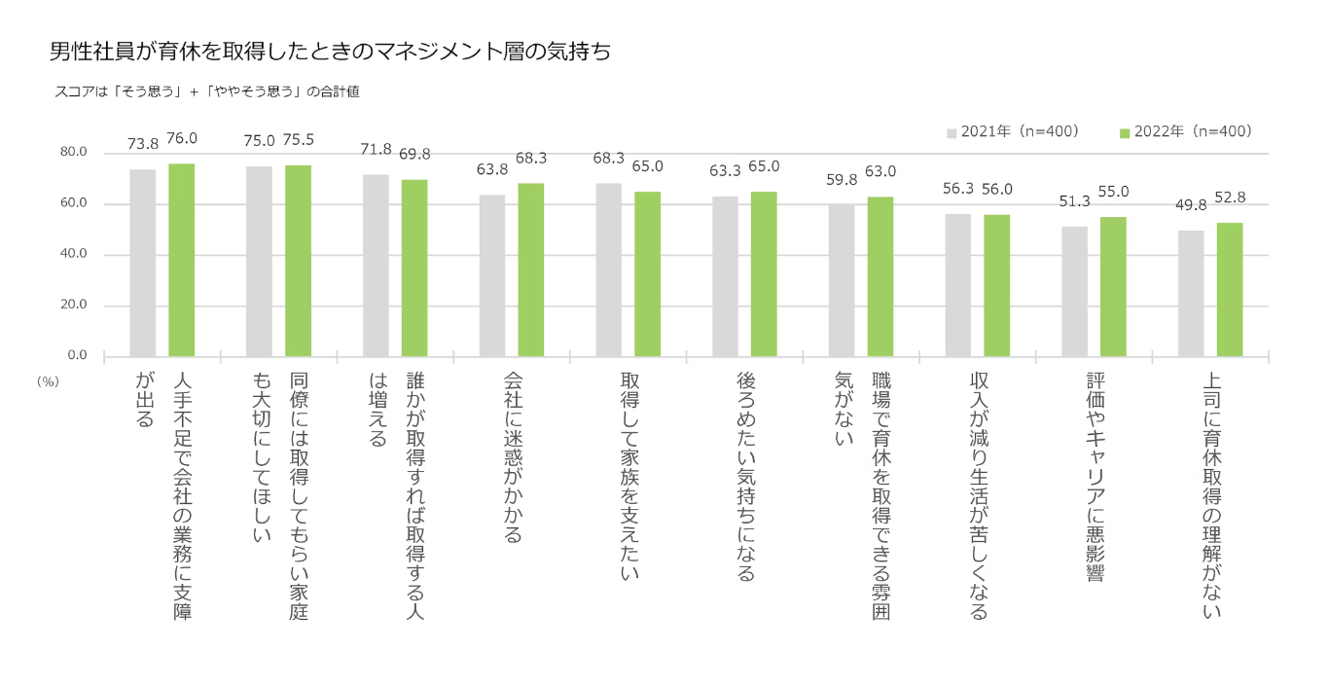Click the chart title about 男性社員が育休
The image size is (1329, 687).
331,52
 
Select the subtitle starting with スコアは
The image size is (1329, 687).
208,92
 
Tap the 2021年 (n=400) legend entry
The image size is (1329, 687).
1013,131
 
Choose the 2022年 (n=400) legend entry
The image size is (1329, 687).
1185,131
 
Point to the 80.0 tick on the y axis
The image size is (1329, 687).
74,153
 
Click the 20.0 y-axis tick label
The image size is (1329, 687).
74,305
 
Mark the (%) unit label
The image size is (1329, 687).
48,381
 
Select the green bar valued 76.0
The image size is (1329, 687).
181,260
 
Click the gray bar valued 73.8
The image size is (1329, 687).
142,263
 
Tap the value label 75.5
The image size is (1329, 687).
298,140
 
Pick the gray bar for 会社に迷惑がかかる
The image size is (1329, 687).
491,275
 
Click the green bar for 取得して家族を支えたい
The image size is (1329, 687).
647,273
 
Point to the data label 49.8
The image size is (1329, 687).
1191,204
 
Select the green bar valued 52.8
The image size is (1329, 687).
1230,289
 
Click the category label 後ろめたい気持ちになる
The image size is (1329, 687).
745,477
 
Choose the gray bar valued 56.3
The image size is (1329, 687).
957,285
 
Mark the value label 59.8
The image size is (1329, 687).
842,179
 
